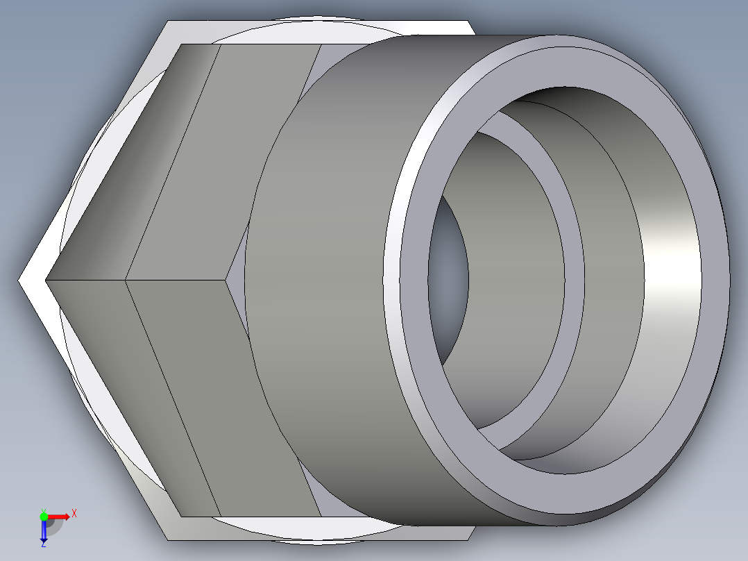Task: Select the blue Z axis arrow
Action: click(44, 530)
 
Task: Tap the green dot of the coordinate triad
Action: click(44, 516)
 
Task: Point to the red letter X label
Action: click(74, 513)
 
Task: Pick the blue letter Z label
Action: click(43, 544)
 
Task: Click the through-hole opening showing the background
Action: click(450, 278)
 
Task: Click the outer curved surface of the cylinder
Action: click(326, 278)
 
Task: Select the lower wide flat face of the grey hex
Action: click(222, 396)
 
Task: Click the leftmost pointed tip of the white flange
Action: click(19, 280)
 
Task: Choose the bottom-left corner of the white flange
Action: click(169, 539)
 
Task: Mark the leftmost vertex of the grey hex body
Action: click(46, 280)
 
